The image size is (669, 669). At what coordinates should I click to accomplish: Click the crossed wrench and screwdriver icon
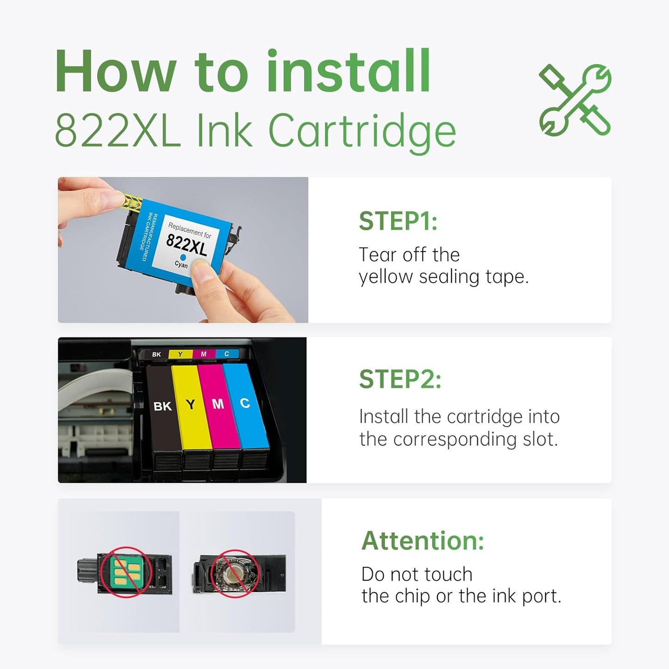coord(575,100)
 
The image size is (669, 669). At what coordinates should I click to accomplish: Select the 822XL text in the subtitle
coord(118,131)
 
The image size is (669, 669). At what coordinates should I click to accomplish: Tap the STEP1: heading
coord(398,221)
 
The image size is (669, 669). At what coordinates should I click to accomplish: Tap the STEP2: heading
coord(400,380)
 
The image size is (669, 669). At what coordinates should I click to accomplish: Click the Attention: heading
coord(422,541)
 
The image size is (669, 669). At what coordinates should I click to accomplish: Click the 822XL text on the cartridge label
coord(187,244)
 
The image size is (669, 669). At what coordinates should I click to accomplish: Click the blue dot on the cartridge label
coord(182,257)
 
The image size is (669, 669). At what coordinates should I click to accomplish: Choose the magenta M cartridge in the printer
coord(218,404)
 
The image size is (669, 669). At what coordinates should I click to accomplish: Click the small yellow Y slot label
coord(180,354)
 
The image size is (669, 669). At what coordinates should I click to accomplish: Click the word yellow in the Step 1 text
coord(386,277)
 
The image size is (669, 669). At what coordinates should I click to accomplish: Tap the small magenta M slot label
coord(203,354)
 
